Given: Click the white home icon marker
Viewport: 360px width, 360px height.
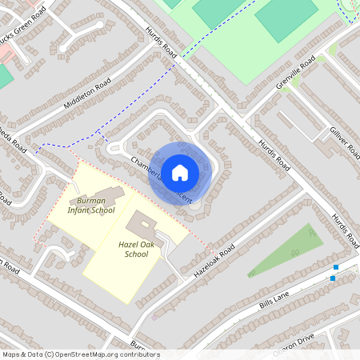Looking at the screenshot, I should (x=180, y=171).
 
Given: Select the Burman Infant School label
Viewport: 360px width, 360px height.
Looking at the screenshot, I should (x=91, y=206).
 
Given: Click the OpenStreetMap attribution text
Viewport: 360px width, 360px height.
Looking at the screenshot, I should (x=80, y=354).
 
